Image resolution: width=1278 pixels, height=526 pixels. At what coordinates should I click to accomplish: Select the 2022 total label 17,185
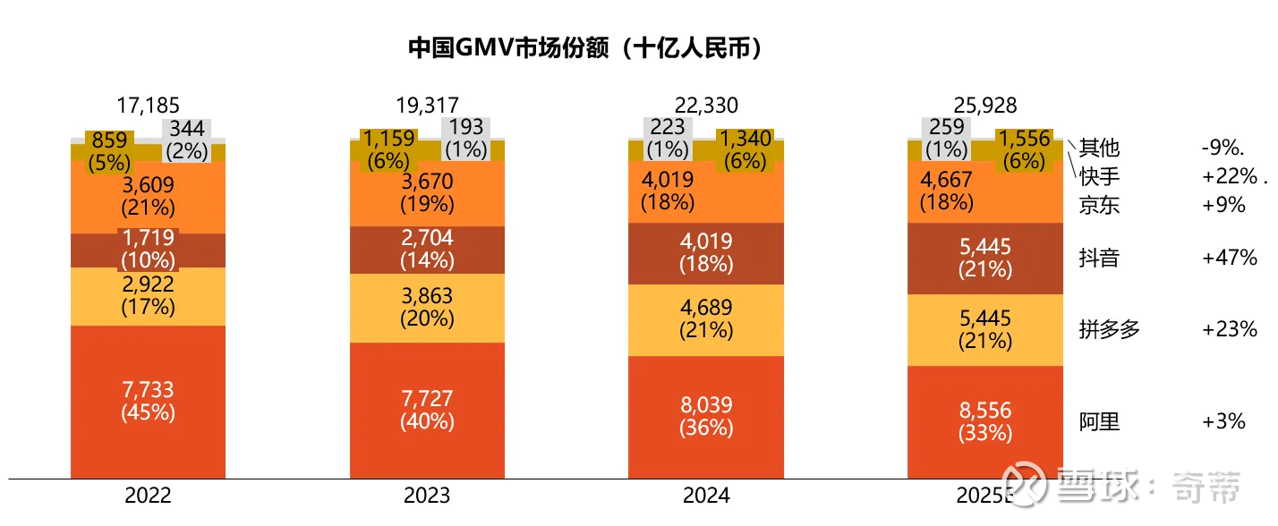point(148,106)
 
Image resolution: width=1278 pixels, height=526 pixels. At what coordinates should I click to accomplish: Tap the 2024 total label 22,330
point(706,106)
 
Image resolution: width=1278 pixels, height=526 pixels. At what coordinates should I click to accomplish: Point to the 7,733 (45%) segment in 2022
point(148,402)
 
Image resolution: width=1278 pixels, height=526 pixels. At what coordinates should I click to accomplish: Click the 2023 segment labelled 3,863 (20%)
point(427,307)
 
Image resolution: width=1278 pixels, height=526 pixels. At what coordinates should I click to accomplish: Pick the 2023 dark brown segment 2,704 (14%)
point(427,250)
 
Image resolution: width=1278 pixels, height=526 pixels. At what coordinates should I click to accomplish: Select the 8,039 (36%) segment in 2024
point(706,417)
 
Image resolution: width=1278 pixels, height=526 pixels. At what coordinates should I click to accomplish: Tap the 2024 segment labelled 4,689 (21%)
point(706,319)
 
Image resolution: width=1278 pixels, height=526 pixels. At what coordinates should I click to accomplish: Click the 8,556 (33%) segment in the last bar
point(984,421)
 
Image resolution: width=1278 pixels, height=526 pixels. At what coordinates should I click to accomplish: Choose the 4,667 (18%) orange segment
point(947,190)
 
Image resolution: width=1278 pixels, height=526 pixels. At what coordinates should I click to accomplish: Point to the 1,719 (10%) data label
point(148,250)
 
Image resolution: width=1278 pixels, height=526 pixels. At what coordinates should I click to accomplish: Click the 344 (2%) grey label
point(186,140)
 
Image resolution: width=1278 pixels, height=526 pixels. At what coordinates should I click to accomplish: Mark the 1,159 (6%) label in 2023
point(389,149)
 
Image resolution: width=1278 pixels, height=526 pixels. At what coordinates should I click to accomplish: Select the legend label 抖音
point(1099,259)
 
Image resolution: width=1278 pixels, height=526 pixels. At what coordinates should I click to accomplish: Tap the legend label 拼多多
point(1110,329)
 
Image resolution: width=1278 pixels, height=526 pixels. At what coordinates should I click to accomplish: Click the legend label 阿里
point(1099,421)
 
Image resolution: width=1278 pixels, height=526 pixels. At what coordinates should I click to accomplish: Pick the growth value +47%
point(1230,259)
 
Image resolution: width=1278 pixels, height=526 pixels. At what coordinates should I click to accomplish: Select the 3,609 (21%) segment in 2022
point(148,196)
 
